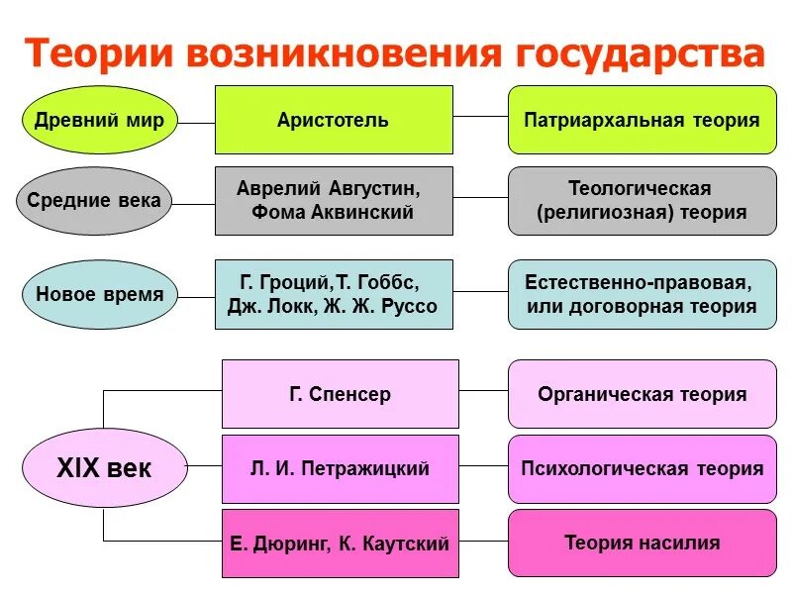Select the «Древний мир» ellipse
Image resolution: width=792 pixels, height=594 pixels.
coord(99,121)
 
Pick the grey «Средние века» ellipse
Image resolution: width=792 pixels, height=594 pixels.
coord(93,201)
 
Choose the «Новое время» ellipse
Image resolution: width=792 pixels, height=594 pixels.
coord(99,294)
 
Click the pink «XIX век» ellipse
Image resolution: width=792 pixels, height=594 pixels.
coord(103,468)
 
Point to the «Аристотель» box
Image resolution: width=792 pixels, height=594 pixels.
coord(334,120)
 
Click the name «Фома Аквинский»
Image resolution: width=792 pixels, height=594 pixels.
coord(333,211)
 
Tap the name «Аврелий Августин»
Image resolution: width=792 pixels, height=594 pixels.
coord(329,187)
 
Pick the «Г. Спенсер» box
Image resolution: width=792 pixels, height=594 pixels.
coord(340,394)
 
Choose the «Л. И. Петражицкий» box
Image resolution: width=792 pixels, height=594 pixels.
coord(340,468)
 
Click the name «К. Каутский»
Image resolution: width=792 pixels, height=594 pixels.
coord(400,544)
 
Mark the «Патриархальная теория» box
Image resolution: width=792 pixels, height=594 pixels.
coord(642,120)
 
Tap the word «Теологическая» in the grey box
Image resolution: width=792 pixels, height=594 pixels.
coord(640,187)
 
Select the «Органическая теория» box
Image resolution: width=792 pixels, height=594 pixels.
coord(642,394)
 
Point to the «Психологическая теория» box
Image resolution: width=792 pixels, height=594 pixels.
coord(642,468)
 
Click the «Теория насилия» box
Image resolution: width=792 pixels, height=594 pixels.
coord(642,543)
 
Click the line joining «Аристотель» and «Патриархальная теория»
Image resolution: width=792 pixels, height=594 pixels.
coord(480,117)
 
